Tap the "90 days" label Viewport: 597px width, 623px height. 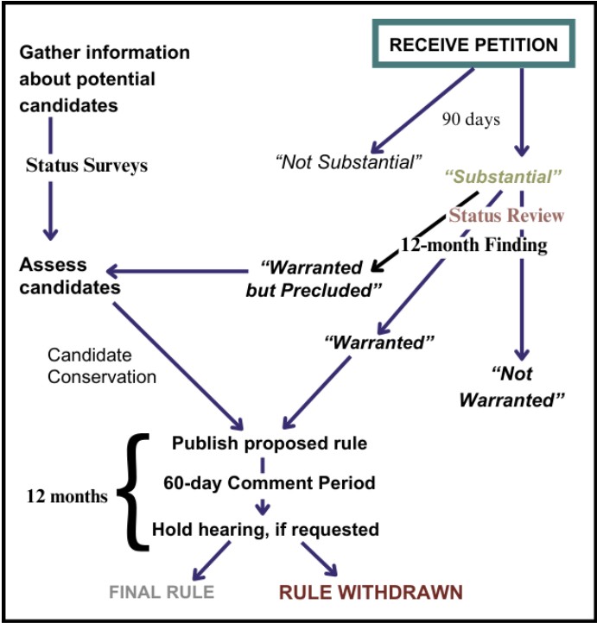coord(471,119)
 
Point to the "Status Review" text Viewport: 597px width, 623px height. coord(506,215)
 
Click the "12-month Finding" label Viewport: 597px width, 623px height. coord(473,245)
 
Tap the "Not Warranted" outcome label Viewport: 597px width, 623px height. coord(511,387)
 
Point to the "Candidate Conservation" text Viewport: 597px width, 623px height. coord(102,366)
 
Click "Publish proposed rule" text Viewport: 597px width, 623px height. coord(270,444)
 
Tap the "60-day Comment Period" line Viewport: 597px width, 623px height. coord(270,483)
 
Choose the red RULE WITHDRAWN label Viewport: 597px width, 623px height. coord(370,592)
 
